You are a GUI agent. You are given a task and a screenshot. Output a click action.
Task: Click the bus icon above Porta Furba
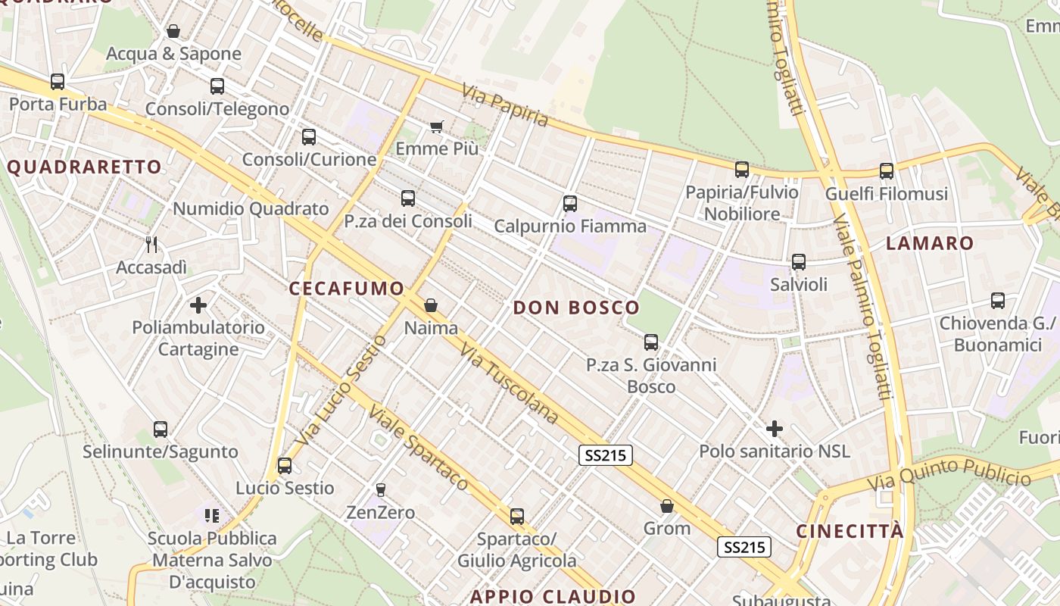tap(58, 82)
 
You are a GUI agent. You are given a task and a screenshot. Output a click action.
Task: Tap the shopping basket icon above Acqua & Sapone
tap(173, 32)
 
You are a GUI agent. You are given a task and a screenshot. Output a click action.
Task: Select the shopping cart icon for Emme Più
tap(436, 127)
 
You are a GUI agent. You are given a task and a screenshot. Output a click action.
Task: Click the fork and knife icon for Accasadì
tap(151, 244)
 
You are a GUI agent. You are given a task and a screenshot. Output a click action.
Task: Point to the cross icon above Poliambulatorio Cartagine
tap(198, 305)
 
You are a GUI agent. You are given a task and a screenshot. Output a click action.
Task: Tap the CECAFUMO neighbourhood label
tap(347, 289)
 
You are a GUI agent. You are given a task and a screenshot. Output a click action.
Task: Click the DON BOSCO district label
tap(576, 308)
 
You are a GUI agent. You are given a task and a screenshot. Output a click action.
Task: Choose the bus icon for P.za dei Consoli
tap(408, 198)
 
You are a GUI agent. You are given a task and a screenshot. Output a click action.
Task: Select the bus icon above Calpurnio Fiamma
tap(570, 204)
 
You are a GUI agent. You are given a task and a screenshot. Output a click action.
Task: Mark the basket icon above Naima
tap(431, 305)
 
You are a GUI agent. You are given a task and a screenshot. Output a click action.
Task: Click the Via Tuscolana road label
tap(509, 386)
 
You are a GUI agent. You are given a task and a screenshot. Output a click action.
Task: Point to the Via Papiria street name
tap(505, 105)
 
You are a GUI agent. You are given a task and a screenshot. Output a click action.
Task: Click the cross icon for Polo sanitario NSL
tap(774, 430)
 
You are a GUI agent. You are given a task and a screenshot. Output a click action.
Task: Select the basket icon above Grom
tap(667, 506)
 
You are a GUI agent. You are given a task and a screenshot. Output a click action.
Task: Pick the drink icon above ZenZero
tap(380, 490)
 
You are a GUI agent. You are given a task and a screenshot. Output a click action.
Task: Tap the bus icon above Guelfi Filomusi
tap(887, 171)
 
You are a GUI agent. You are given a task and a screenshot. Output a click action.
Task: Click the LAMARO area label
tap(930, 243)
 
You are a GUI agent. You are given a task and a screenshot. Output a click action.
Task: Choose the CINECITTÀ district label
tap(850, 531)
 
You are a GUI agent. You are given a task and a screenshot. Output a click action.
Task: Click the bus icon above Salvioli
tap(799, 262)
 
